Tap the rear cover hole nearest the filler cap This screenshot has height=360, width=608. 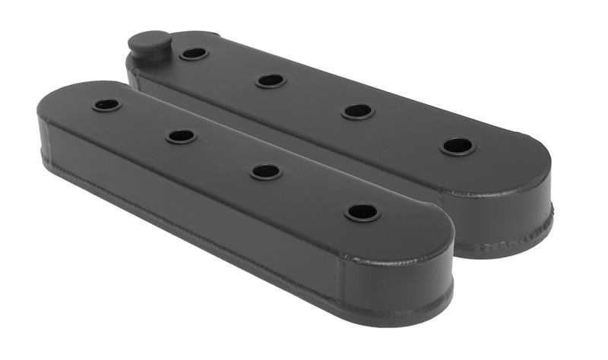coord(193,54)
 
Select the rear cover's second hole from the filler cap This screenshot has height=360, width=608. coord(271,80)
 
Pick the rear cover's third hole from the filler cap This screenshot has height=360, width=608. coord(357,111)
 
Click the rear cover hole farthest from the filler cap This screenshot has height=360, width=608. coord(458,146)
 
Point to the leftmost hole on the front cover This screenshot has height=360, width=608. coord(106,104)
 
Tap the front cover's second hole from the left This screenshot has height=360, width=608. coord(181,136)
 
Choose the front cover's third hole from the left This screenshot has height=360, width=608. coord(266,172)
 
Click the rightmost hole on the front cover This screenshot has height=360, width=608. coord(362,212)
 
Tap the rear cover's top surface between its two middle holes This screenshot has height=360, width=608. coord(314,96)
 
